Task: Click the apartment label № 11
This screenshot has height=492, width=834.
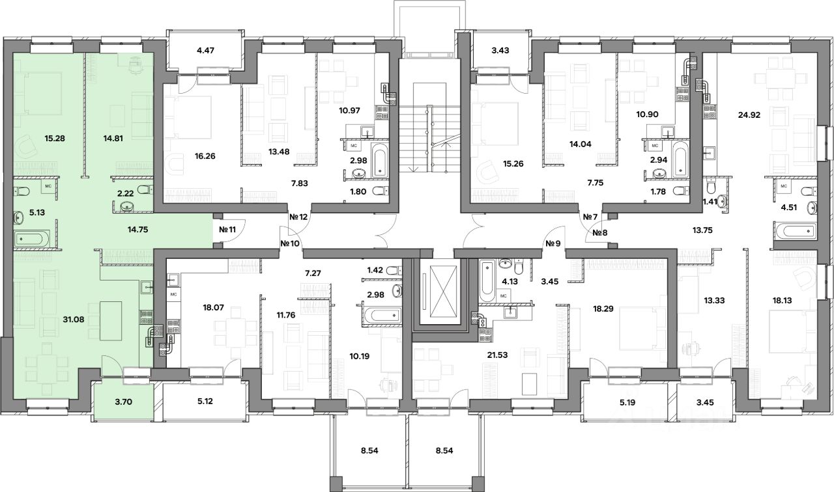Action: click(x=227, y=230)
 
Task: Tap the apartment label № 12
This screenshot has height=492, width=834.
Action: click(x=298, y=217)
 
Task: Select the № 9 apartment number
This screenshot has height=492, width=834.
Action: click(x=553, y=243)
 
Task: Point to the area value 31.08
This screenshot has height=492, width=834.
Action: click(x=74, y=319)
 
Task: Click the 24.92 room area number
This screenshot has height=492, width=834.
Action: click(x=749, y=115)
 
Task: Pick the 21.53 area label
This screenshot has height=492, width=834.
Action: click(x=497, y=355)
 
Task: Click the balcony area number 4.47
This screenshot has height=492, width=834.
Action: click(x=205, y=50)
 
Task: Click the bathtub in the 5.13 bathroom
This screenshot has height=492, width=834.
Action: click(x=32, y=238)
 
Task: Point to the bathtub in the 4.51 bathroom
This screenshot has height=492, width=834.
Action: click(x=794, y=231)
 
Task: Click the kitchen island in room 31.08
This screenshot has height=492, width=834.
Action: click(x=111, y=321)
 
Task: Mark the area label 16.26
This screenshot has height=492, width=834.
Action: click(x=205, y=156)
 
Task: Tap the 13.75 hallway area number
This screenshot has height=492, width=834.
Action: click(x=702, y=230)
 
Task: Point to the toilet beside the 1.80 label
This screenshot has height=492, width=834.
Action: click(x=379, y=191)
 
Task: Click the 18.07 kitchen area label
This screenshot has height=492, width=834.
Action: click(x=213, y=307)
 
